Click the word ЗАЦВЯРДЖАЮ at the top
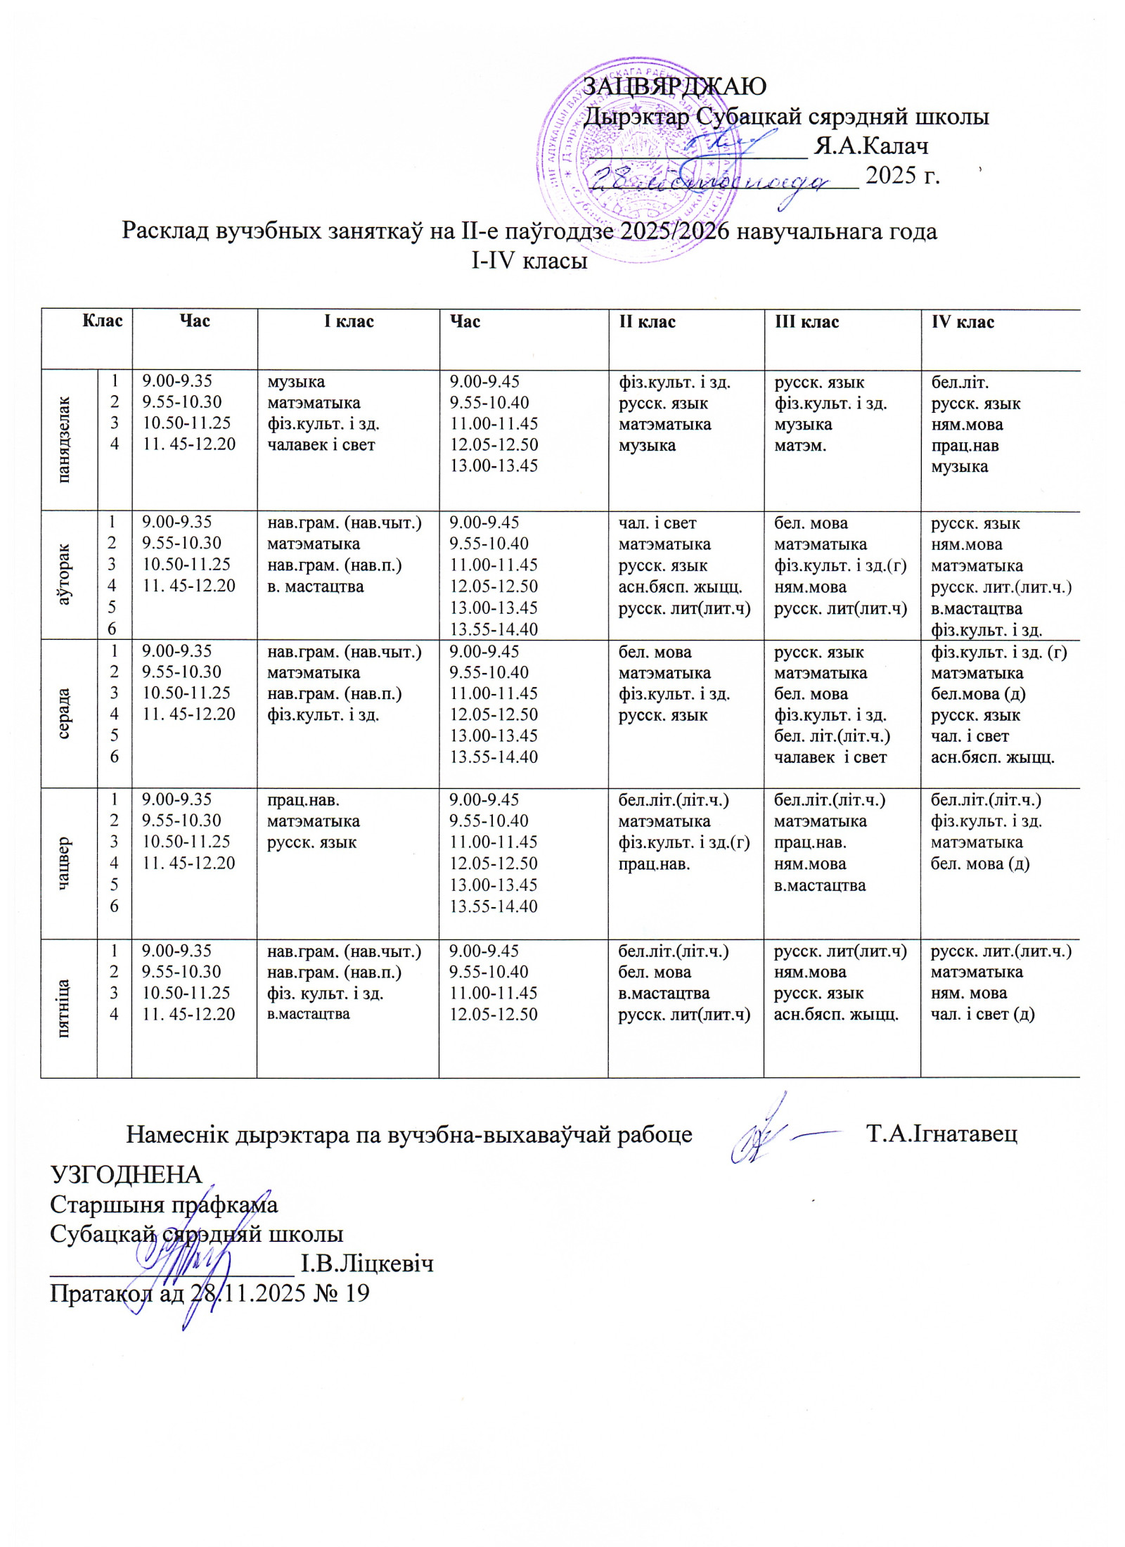(674, 86)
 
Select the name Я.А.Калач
(870, 146)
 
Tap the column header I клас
(348, 322)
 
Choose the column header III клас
(806, 322)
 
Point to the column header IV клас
(963, 322)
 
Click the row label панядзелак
(65, 440)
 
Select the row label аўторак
(65, 575)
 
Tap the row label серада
(65, 714)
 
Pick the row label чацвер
(65, 863)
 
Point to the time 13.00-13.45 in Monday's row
(494, 466)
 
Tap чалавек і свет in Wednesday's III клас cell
(830, 757)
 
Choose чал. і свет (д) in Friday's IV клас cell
(982, 1014)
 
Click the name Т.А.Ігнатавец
(942, 1134)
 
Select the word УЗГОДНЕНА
(126, 1174)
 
